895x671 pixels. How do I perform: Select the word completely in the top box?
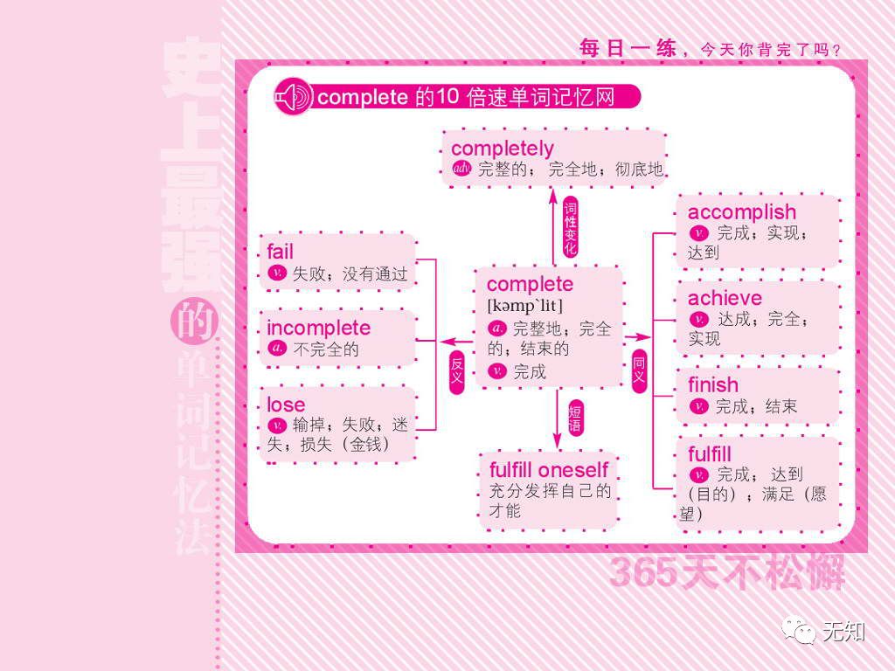pos(503,149)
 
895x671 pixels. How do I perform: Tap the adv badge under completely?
pos(461,169)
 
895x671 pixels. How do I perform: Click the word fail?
pos(281,252)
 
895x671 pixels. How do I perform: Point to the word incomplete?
pos(318,329)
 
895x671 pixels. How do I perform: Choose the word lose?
pos(286,405)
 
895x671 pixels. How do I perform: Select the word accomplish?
pos(741,212)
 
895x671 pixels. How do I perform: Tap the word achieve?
pos(725,298)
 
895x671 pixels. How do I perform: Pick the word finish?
pos(712,385)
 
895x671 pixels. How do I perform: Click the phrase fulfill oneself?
pos(548,470)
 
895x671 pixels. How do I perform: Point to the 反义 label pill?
pos(456,370)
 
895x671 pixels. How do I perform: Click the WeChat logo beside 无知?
pos(798,629)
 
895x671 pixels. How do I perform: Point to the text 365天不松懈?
pos(726,573)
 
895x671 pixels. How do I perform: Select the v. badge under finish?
pos(697,406)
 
